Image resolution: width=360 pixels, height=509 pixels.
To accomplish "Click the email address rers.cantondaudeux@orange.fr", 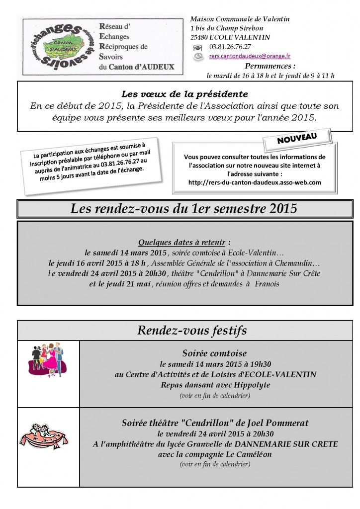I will click(250, 57).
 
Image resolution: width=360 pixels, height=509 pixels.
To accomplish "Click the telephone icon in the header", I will click(198, 47).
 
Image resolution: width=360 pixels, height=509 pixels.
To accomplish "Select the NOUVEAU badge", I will click(297, 138).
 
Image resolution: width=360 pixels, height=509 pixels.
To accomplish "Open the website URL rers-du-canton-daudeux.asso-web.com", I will click(255, 182).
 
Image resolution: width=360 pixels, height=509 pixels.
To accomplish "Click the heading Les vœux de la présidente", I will click(184, 93).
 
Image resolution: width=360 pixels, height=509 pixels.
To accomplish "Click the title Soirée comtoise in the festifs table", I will click(215, 353).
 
